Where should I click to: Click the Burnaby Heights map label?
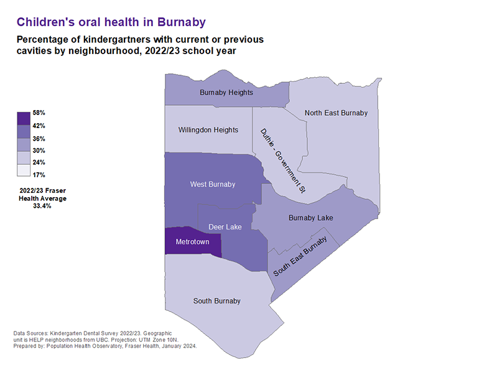226,93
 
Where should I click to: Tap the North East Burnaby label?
336,113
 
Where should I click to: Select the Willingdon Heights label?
208,130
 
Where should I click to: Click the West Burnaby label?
213,184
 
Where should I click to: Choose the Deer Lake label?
225,227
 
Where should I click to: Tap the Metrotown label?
192,241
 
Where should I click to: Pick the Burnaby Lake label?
311,218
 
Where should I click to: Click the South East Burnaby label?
300,257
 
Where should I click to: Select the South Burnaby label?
216,301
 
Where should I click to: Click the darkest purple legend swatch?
24,118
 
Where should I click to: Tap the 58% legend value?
39,113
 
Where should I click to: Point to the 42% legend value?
39,126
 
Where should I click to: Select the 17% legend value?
39,175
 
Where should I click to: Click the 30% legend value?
39,150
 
